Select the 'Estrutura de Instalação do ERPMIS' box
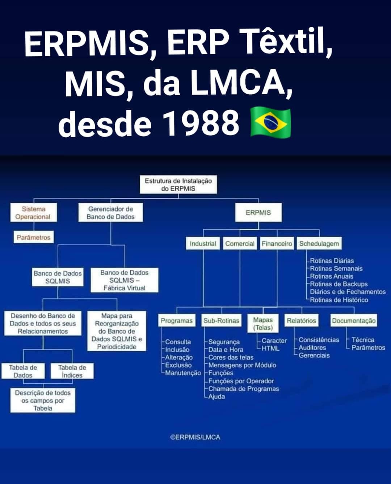click(178, 184)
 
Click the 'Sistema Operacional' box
click(34, 212)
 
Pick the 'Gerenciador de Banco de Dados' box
click(110, 212)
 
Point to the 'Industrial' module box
click(203, 243)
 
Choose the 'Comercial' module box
click(240, 243)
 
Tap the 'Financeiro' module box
click(277, 243)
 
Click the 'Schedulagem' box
click(319, 243)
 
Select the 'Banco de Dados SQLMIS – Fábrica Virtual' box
click(125, 280)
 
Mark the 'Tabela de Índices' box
click(72, 371)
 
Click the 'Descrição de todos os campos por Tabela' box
click(43, 400)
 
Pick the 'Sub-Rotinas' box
click(221, 320)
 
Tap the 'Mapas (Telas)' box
click(263, 324)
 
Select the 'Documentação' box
click(354, 320)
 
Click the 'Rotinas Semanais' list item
click(336, 268)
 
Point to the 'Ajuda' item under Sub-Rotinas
click(216, 397)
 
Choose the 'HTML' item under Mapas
click(270, 349)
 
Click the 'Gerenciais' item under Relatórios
click(314, 355)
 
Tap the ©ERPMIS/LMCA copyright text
click(195, 437)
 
